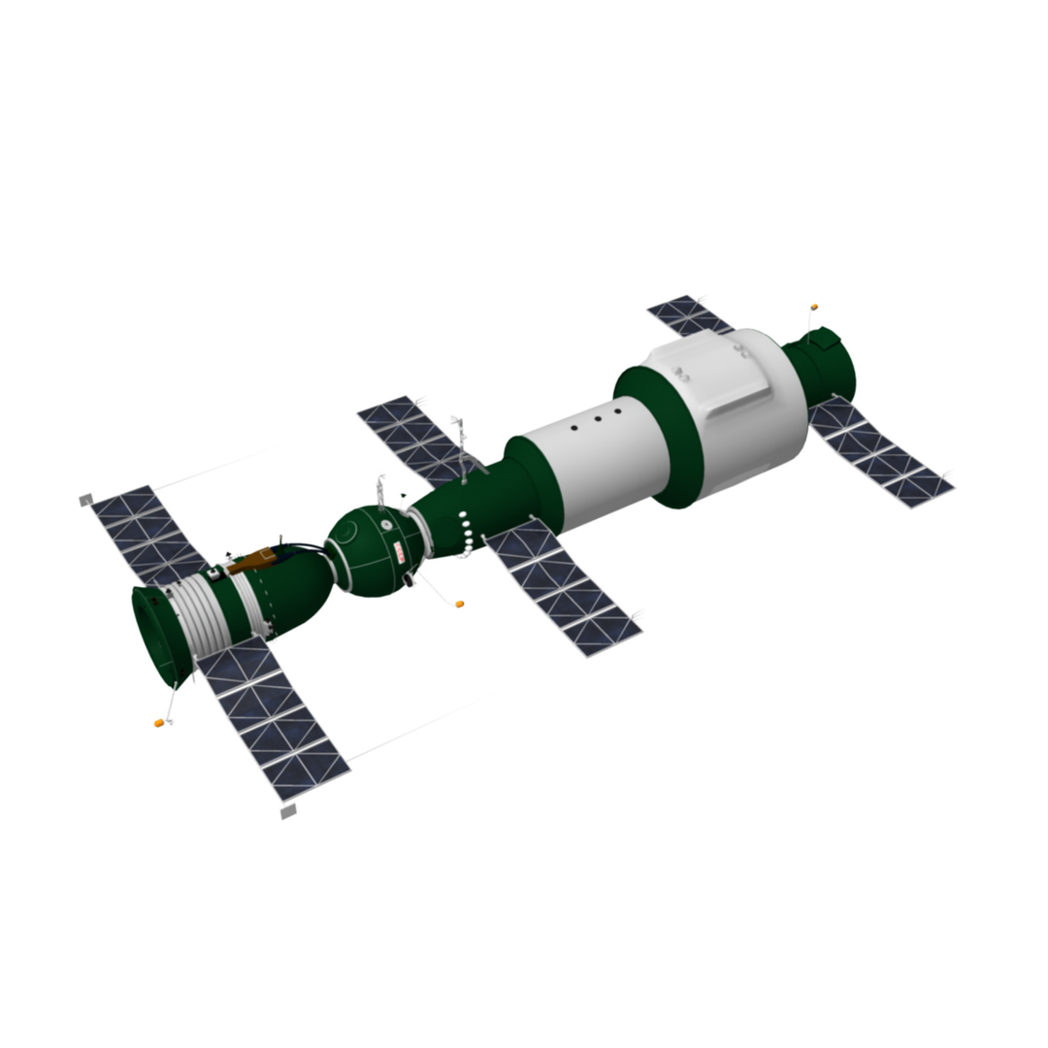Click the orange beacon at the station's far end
coord(814,307)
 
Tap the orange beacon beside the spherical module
coord(460,604)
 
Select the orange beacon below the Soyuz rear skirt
coord(158,723)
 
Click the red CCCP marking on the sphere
coord(400,552)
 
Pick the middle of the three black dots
coord(597,422)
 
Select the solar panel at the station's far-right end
coord(878,454)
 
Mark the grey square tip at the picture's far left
coord(85,501)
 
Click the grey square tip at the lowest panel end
coord(287,811)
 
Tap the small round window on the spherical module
coord(386,525)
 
